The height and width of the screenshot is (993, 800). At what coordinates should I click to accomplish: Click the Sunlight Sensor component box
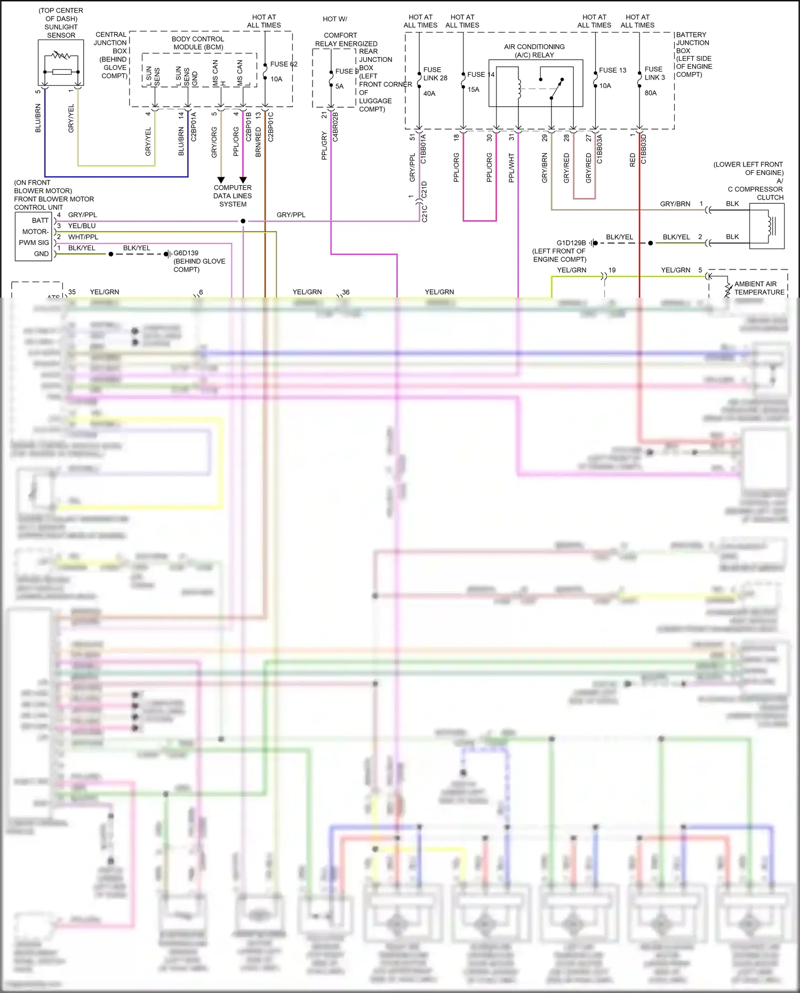coord(61,62)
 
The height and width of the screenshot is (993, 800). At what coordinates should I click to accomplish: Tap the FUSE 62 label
coord(283,64)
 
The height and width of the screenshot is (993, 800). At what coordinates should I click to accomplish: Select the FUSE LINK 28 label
coord(435,74)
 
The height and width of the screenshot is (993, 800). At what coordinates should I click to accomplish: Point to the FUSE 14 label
coord(481,75)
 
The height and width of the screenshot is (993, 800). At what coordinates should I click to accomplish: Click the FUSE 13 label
coord(612,70)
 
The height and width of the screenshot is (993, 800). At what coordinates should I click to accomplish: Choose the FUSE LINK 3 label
coord(654,74)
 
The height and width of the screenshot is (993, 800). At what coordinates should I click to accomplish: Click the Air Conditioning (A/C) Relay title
coord(534,51)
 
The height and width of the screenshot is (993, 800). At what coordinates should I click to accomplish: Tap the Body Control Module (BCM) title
coord(198,43)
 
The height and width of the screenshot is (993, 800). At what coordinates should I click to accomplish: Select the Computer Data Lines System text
coord(233,196)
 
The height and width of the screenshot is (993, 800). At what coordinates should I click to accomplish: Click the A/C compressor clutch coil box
coord(766,226)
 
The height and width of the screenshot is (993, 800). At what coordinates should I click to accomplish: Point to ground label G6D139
coord(186,253)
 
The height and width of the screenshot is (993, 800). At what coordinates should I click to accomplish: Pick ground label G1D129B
coord(571,243)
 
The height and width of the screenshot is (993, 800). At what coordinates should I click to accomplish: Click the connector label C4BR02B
coord(335,127)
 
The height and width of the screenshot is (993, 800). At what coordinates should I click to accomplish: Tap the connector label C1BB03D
coord(644,149)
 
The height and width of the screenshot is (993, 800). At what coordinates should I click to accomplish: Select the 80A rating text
coord(651,93)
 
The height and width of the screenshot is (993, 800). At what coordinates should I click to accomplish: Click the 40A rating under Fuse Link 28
coord(429,93)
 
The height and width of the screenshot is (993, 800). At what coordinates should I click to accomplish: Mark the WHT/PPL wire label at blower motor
coord(83,237)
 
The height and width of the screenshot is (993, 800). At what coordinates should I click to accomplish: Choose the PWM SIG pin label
coord(34,243)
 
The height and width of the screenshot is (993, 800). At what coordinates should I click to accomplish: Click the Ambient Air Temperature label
coord(759,288)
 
